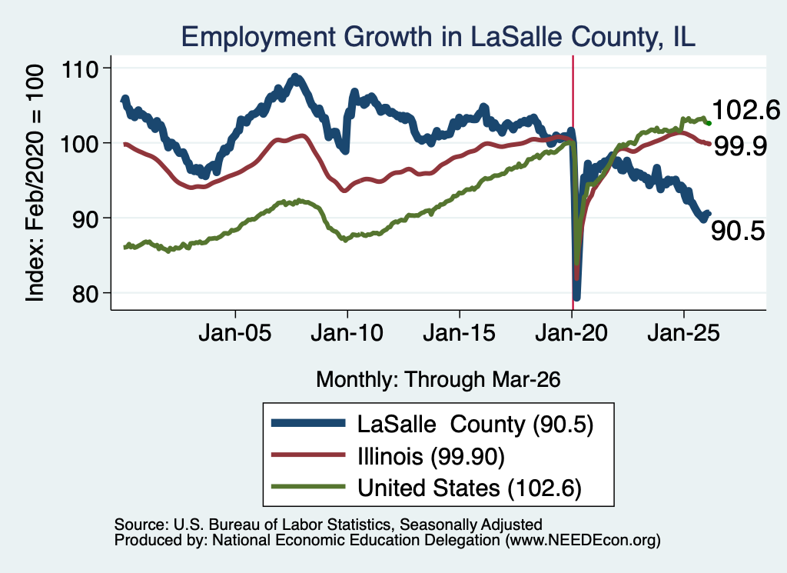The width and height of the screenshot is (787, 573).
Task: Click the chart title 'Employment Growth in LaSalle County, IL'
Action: tap(438, 38)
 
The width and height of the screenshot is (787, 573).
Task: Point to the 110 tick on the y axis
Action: tap(79, 68)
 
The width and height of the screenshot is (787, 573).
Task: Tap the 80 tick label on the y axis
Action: tap(85, 294)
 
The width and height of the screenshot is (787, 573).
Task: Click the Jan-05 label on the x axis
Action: tap(235, 333)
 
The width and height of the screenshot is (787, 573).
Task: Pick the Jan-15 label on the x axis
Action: tap(460, 333)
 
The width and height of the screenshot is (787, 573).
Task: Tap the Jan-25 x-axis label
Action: tap(683, 333)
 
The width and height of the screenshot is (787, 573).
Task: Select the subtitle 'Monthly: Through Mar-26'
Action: tap(438, 380)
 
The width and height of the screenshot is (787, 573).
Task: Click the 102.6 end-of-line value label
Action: tap(745, 110)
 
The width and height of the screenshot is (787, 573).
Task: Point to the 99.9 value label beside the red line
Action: tap(740, 147)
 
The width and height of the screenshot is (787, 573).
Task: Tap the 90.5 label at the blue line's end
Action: tap(738, 231)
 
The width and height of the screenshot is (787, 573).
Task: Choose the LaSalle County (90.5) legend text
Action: tap(475, 425)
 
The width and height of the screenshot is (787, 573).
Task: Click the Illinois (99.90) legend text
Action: tap(431, 457)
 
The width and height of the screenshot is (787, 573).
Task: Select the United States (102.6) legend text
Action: tap(470, 488)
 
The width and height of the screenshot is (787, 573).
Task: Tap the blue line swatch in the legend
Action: tap(308, 423)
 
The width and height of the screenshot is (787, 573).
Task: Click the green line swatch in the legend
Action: tap(308, 487)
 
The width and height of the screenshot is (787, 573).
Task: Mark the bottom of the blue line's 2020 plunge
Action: tap(576, 298)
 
